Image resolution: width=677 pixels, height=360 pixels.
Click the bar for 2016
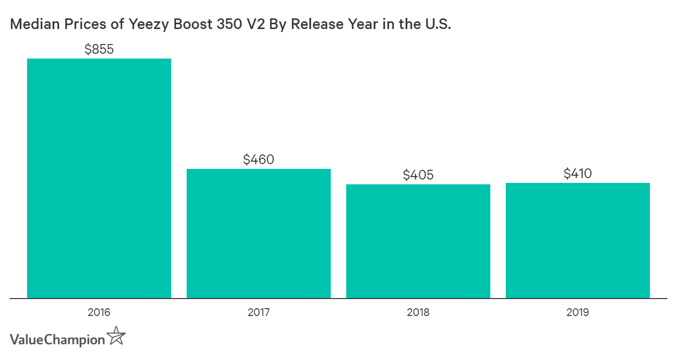(x=99, y=178)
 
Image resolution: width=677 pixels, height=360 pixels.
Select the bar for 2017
(x=258, y=233)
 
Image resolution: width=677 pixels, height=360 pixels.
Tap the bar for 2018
(x=418, y=241)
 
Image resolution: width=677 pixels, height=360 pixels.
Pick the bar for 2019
(x=577, y=240)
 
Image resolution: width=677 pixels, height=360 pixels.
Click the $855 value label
(x=99, y=49)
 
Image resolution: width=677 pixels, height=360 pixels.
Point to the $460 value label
(x=259, y=159)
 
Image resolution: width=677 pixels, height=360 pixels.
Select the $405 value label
(x=418, y=175)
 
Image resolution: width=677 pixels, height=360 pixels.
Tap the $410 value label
(x=578, y=173)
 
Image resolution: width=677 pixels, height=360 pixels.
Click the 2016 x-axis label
(x=99, y=313)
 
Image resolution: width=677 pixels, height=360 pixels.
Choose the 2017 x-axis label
(x=258, y=313)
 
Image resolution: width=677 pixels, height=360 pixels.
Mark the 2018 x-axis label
(x=418, y=313)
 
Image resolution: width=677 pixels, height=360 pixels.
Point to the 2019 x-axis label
(x=577, y=313)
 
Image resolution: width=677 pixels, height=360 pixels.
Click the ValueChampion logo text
(x=57, y=340)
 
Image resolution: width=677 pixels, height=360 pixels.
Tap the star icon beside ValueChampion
(x=116, y=336)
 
